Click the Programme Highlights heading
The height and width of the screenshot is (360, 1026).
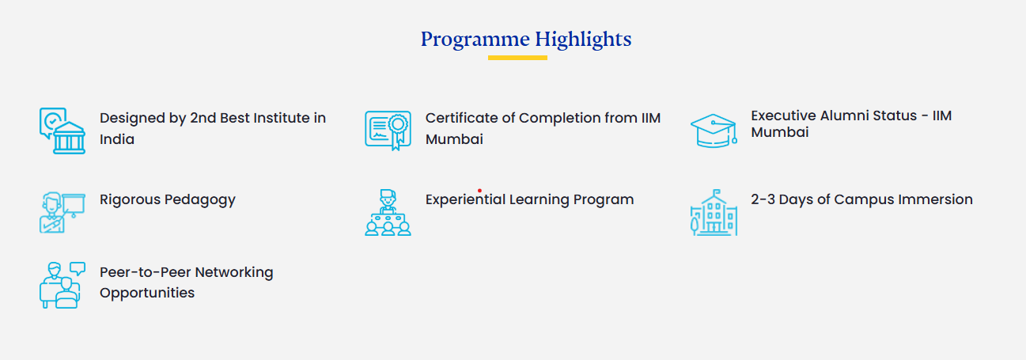pyautogui.click(x=526, y=40)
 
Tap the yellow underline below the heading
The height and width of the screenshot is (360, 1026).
pyautogui.click(x=517, y=58)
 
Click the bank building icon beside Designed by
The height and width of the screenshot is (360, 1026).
pyautogui.click(x=62, y=131)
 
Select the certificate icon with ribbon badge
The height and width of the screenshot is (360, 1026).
pyautogui.click(x=388, y=131)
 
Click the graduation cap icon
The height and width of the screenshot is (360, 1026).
pyautogui.click(x=714, y=131)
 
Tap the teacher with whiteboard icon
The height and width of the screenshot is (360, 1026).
pyautogui.click(x=62, y=213)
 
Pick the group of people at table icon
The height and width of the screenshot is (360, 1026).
pyautogui.click(x=388, y=213)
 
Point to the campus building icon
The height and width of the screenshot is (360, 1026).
pyautogui.click(x=714, y=213)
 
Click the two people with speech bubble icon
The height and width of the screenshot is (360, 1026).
pyautogui.click(x=62, y=285)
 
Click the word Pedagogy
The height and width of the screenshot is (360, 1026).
pyautogui.click(x=199, y=200)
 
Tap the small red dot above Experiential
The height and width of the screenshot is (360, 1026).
pyautogui.click(x=479, y=191)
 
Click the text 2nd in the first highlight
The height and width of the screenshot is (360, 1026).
pyautogui.click(x=203, y=118)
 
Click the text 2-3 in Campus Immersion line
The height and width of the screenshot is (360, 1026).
pyautogui.click(x=763, y=199)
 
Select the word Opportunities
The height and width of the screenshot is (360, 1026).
pyautogui.click(x=147, y=293)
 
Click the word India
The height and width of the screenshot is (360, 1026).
pyautogui.click(x=117, y=139)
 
